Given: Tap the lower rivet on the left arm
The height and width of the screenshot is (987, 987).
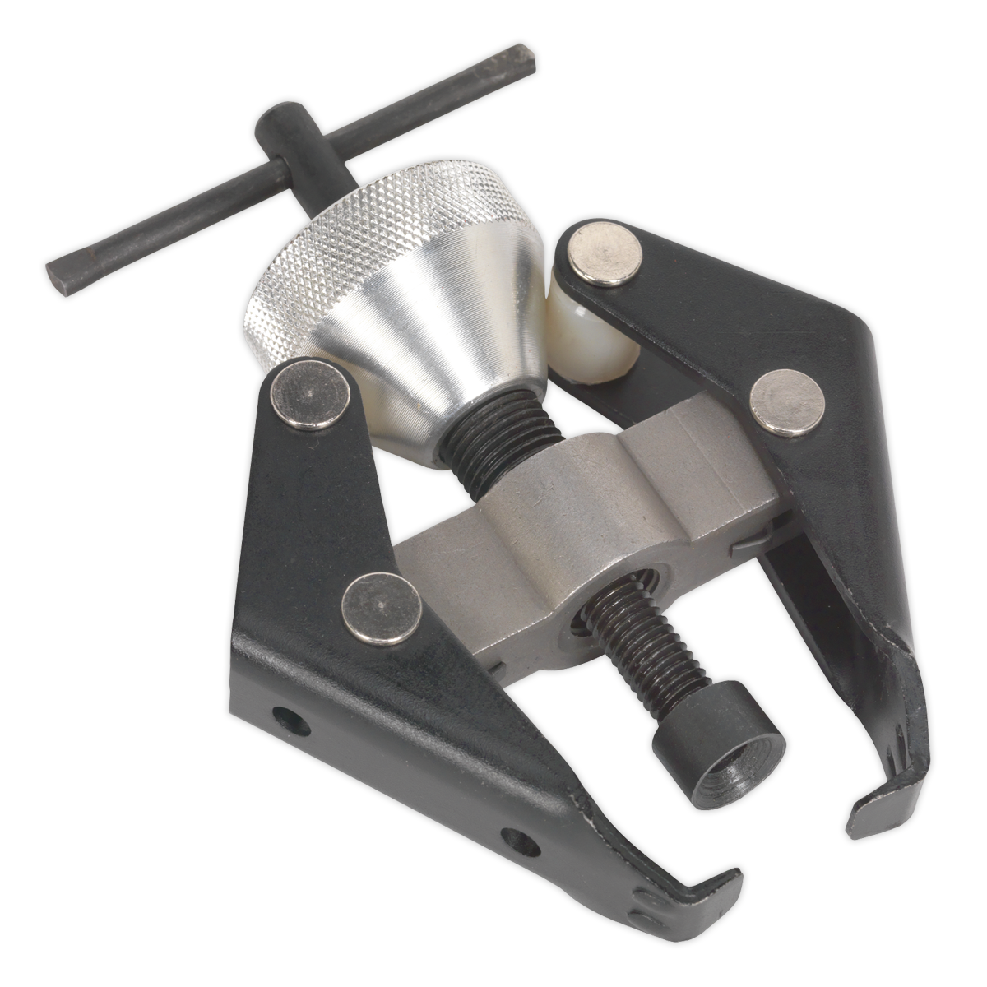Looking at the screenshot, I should [x=380, y=607].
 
